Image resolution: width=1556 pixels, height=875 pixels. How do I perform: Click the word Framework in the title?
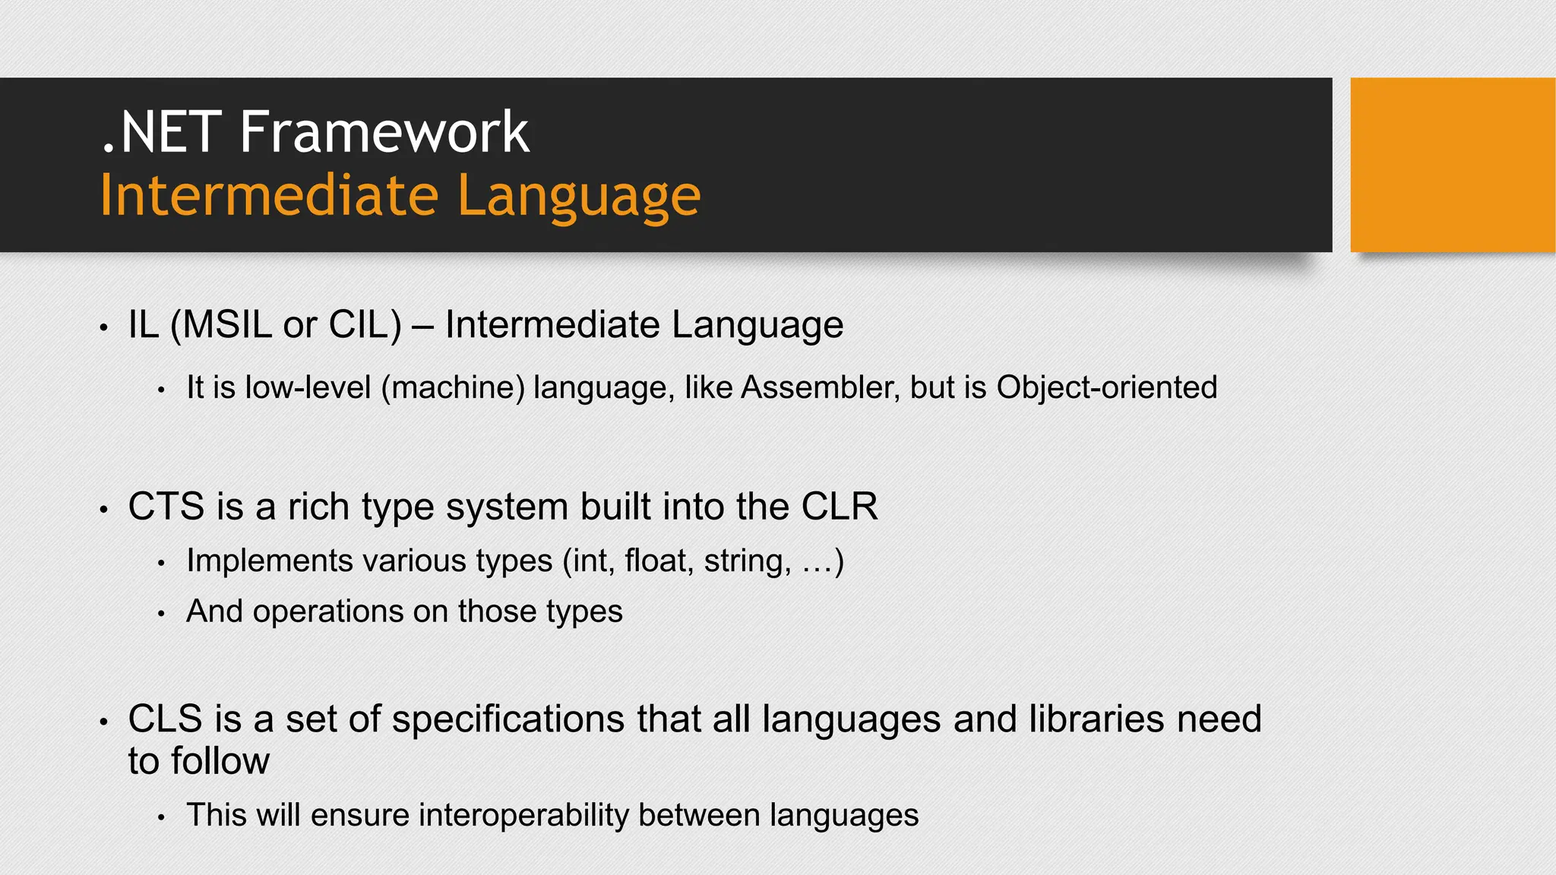click(x=384, y=133)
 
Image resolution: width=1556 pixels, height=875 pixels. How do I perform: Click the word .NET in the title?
click(x=161, y=133)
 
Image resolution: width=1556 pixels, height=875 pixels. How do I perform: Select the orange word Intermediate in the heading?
click(x=269, y=196)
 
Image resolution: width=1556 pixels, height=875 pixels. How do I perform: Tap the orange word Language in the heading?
click(x=579, y=196)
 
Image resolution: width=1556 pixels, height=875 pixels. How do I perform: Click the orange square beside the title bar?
click(x=1452, y=165)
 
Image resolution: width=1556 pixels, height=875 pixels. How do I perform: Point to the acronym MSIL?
click(x=227, y=325)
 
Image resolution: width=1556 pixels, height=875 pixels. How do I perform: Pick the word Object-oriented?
click(x=1106, y=388)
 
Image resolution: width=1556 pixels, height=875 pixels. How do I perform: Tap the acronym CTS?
click(x=166, y=507)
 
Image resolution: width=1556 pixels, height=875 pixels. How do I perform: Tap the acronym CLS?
click(x=166, y=719)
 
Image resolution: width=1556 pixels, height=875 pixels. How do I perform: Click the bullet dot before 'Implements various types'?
click(x=161, y=564)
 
